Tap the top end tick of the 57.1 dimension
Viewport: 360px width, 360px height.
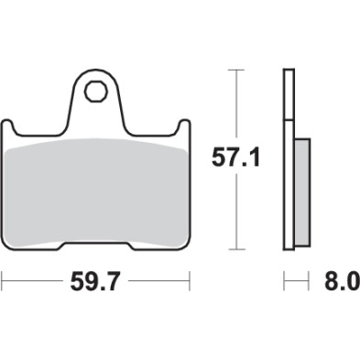[x=237, y=69]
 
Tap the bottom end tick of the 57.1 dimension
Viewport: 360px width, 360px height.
[x=237, y=249]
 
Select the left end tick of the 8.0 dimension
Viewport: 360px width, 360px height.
[x=285, y=277]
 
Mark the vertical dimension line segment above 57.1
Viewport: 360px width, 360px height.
[x=237, y=105]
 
